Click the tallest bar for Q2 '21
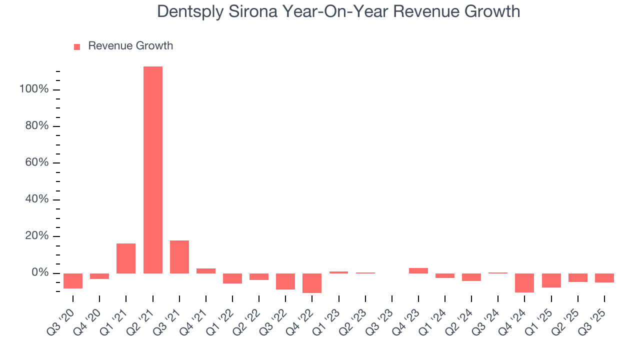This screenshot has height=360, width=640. [152, 170]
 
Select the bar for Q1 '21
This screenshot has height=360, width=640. [126, 258]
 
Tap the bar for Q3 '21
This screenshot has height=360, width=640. [179, 257]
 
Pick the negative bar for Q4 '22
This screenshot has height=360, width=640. [312, 283]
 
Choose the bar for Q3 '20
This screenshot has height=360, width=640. [73, 281]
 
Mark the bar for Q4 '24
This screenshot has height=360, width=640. [524, 283]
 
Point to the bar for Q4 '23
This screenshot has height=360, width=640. [418, 270]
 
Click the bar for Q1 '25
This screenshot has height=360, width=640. [551, 280]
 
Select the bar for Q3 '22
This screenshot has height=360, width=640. [285, 281]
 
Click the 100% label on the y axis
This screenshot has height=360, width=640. [34, 89]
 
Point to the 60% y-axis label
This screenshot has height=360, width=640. [36, 163]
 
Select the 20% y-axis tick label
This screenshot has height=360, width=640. [36, 236]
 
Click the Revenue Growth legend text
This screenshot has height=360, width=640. [130, 46]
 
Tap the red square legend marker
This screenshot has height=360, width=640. [77, 47]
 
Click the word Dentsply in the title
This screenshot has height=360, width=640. [191, 11]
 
